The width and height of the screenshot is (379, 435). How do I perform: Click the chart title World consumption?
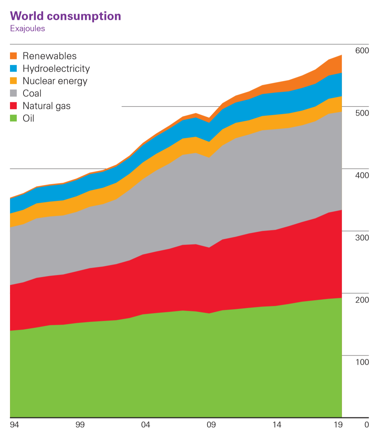click(x=65, y=16)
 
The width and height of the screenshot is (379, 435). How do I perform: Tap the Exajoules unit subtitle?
click(x=27, y=29)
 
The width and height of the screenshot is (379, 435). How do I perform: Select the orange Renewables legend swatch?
click(x=13, y=56)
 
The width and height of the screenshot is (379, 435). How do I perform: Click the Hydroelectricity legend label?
click(x=56, y=69)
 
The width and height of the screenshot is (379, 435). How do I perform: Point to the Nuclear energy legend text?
click(x=55, y=81)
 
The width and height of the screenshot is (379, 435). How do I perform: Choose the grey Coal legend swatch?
click(x=13, y=93)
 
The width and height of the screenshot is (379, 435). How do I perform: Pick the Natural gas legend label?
click(x=46, y=106)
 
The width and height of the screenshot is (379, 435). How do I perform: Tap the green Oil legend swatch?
click(x=13, y=118)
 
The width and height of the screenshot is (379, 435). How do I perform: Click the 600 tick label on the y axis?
click(x=362, y=51)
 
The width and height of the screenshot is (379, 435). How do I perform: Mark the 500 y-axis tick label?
click(x=362, y=113)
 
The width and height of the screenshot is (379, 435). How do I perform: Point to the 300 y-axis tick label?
click(x=362, y=238)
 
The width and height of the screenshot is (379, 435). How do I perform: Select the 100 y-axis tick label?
click(x=362, y=362)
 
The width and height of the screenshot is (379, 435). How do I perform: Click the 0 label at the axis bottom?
click(x=366, y=425)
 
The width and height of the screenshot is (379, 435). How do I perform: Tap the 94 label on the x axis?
click(x=15, y=425)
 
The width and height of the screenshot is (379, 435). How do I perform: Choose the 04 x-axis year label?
click(x=145, y=425)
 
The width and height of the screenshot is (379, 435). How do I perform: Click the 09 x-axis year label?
click(x=211, y=425)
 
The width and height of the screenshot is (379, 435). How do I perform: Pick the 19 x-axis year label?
click(x=338, y=425)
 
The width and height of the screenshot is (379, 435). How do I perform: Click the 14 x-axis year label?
click(x=277, y=425)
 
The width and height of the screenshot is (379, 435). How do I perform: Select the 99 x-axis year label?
click(x=80, y=425)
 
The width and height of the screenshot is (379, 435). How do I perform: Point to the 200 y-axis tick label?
click(x=362, y=300)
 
